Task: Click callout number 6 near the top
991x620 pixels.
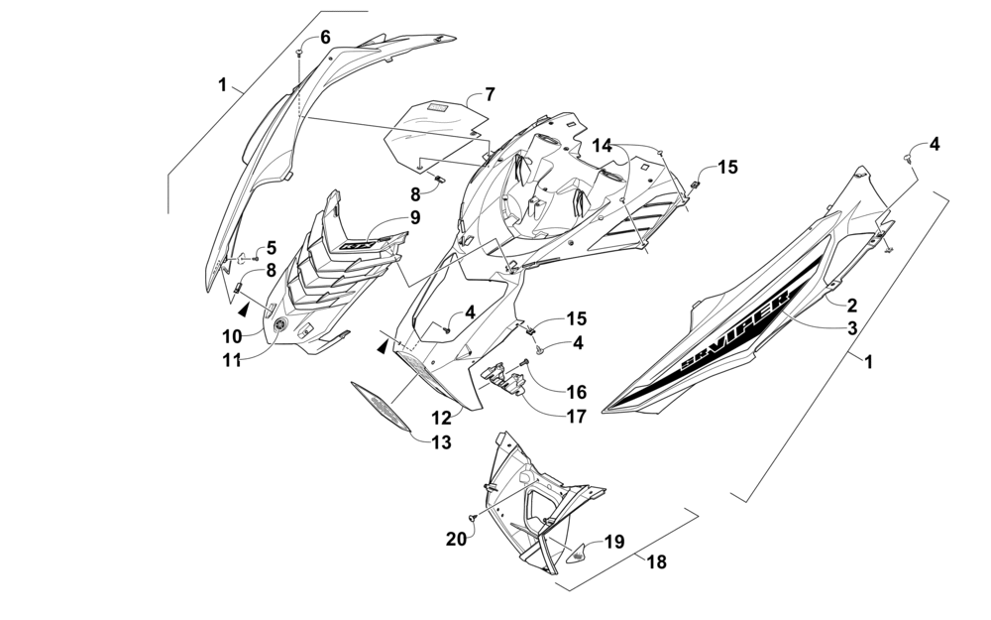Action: (325, 37)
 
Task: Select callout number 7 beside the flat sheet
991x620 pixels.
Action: (489, 95)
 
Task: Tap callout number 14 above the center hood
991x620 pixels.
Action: (604, 146)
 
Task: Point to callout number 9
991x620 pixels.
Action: (414, 217)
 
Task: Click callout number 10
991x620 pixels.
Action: (231, 336)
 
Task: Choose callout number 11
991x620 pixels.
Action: (231, 361)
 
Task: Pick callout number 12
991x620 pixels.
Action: (440, 418)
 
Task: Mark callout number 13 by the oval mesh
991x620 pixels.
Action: (441, 442)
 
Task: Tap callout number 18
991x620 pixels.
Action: (657, 562)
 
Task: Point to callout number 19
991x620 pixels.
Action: (614, 542)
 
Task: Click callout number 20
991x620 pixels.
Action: (456, 539)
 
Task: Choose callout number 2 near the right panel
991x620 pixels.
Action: (851, 307)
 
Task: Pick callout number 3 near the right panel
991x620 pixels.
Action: (851, 327)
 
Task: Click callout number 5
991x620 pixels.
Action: (271, 248)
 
